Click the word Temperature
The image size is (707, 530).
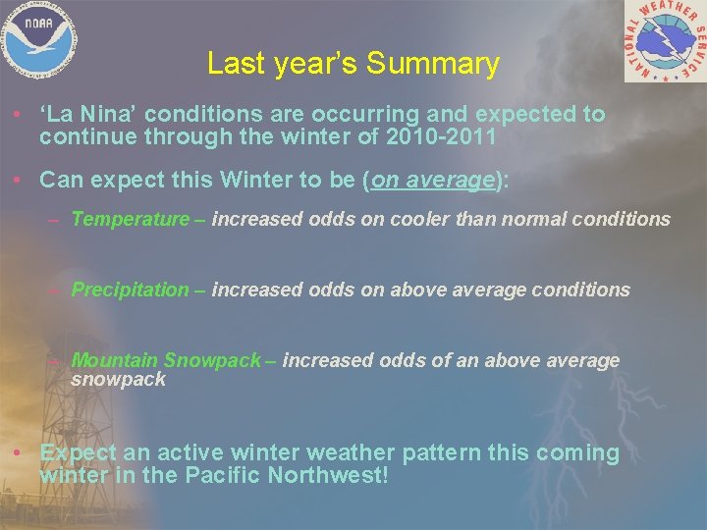[x=130, y=219]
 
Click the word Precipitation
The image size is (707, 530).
[x=130, y=290]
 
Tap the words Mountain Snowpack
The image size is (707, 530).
[x=166, y=360]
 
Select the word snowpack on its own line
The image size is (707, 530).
[x=118, y=379]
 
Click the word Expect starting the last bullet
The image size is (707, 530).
[x=79, y=453]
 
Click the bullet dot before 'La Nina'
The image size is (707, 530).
[x=21, y=115]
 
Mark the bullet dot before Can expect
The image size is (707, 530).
[x=21, y=181]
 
